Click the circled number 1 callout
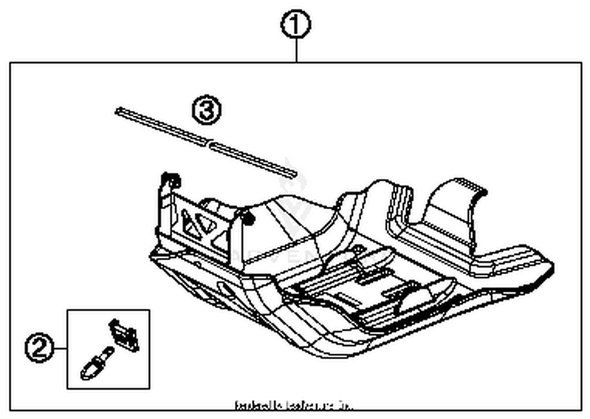tap(296, 24)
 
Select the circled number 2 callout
tap(39, 348)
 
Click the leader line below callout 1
tap(296, 50)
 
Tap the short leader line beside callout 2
tap(60, 348)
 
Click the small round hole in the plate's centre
tap(358, 249)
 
